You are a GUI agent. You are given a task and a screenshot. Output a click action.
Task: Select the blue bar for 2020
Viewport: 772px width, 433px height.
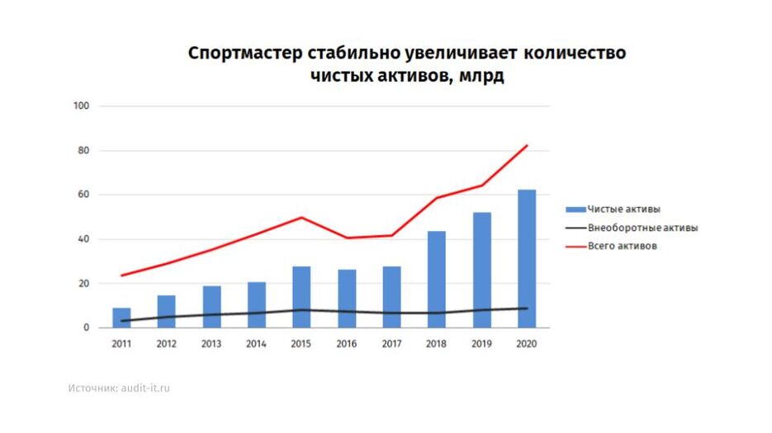click(526, 259)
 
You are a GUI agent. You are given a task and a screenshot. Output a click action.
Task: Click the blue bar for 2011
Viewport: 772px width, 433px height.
click(121, 318)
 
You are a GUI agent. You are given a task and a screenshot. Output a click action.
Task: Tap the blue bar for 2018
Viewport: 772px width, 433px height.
click(436, 280)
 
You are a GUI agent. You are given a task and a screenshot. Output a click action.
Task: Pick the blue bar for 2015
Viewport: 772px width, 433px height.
click(301, 297)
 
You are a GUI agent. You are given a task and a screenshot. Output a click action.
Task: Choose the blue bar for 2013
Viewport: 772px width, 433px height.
click(211, 307)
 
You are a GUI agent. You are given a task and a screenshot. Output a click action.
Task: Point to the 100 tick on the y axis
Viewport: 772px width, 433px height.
click(81, 106)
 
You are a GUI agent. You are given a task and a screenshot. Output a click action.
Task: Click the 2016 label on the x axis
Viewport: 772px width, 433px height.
click(346, 344)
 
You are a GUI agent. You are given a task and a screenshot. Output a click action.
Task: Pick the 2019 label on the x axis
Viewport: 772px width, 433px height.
click(481, 344)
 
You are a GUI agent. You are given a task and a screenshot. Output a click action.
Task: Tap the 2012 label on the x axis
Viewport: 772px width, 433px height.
click(166, 344)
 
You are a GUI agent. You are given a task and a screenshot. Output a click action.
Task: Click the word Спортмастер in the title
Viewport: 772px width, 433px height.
click(245, 54)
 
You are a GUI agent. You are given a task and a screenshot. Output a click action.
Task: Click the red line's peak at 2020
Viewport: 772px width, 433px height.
click(527, 146)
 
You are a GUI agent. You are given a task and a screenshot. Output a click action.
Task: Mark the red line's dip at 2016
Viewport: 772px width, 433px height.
click(346, 238)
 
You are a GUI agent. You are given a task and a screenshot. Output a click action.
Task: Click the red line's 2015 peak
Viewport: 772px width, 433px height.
click(301, 217)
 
